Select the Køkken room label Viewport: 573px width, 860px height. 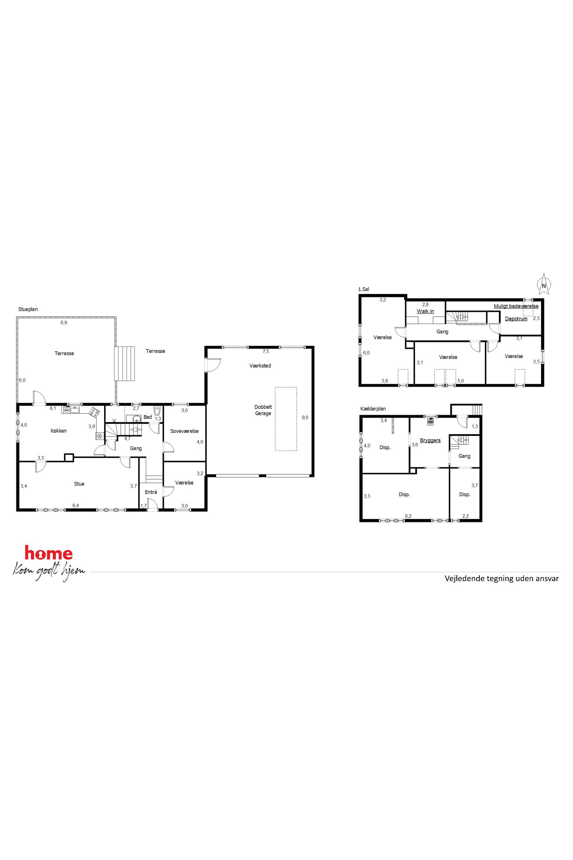point(58,431)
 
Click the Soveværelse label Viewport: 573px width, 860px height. point(184,431)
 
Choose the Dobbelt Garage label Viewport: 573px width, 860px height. point(263,410)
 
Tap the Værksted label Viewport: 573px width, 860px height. point(260,366)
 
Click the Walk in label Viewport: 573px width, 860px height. point(425,311)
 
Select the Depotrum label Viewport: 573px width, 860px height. point(516,319)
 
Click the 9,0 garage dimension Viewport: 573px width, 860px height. point(305,417)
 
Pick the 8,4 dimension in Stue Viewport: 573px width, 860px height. point(76,506)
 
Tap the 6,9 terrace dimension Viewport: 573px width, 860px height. point(64,323)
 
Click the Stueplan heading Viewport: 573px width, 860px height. point(28,309)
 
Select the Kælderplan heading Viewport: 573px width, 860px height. point(373,409)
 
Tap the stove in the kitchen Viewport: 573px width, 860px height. point(94,412)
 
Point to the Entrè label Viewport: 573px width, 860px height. point(151,492)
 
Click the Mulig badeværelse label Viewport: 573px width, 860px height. point(516,306)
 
